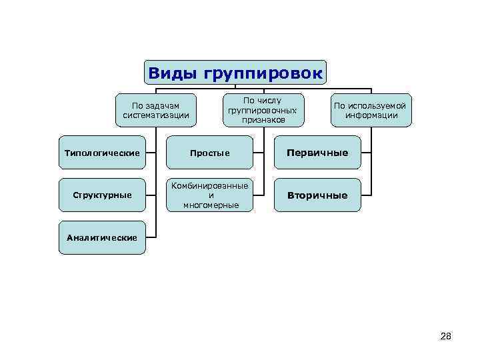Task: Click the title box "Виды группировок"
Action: pos(236,73)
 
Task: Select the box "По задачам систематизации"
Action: pos(156,110)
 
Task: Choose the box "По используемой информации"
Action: pos(371,110)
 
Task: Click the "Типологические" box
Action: pos(102,153)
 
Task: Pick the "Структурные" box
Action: pos(102,195)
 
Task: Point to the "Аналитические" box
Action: pos(102,237)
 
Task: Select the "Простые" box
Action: pos(210,153)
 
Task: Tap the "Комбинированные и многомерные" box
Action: pos(210,195)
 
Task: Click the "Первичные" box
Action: pos(317,153)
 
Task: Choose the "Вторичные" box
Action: pos(317,195)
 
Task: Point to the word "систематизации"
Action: pos(156,115)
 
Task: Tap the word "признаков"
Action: pos(263,120)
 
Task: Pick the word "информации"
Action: pos(371,115)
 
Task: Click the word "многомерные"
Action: pos(211,205)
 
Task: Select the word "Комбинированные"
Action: pos(210,185)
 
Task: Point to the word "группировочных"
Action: pos(263,110)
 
